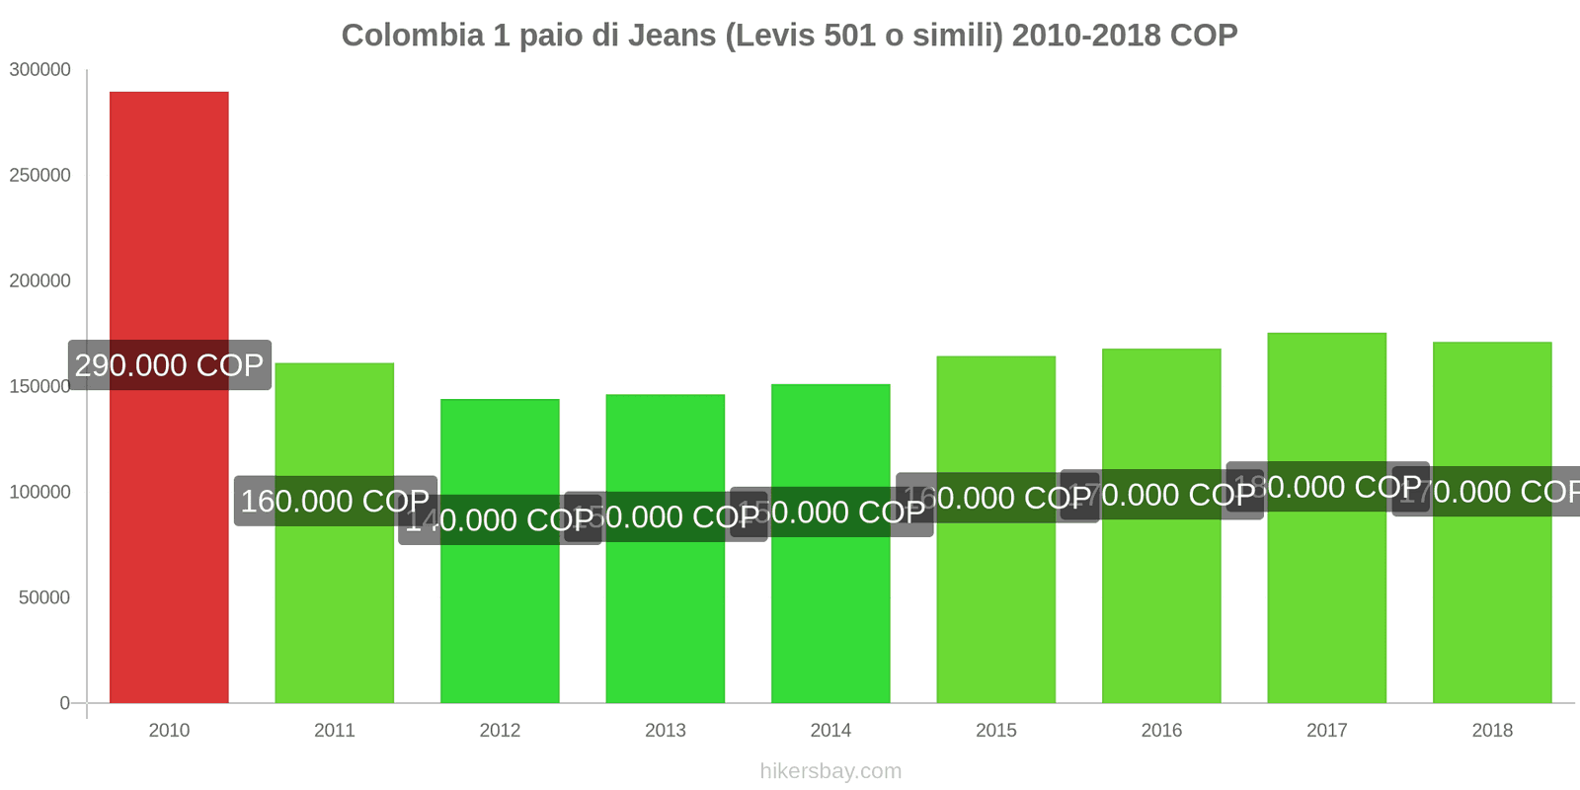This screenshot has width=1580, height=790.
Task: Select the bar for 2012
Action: (500, 612)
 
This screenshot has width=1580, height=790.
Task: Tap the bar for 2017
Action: (1326, 592)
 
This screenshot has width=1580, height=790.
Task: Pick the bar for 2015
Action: (995, 602)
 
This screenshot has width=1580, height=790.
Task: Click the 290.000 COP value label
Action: (169, 365)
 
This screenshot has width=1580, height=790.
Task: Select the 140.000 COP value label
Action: (500, 519)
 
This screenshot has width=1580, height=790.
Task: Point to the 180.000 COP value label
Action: (1327, 487)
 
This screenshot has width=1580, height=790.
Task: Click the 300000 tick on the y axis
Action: (40, 70)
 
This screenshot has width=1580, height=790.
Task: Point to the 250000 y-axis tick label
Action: (40, 176)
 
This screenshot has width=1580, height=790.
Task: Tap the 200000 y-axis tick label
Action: (40, 281)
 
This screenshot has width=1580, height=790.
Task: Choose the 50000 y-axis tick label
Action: (44, 598)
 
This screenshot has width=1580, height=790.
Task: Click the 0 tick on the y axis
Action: (65, 703)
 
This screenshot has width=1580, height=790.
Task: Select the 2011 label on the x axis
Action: (335, 731)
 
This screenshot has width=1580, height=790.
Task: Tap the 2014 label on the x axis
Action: (830, 731)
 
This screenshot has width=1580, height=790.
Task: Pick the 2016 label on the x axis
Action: (1161, 731)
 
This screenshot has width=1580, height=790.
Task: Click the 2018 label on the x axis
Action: (1492, 731)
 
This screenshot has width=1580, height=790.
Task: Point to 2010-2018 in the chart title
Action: (1086, 36)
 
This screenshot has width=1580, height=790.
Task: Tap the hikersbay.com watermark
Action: (830, 771)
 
